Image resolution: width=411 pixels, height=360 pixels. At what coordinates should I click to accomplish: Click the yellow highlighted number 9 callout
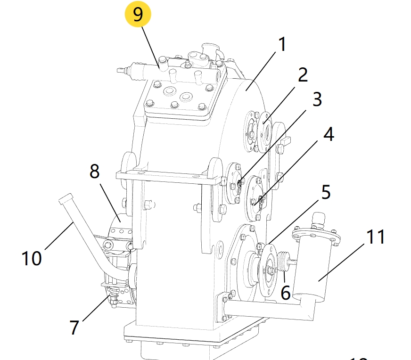point(137,15)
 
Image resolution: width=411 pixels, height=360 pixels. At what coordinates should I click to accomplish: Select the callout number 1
point(281,45)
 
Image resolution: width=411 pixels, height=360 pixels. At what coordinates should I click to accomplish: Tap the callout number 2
point(302,75)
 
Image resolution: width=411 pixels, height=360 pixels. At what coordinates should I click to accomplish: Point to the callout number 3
point(317,99)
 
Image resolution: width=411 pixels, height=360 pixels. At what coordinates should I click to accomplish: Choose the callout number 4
point(329,134)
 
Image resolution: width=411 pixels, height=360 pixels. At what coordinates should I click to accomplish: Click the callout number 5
point(326,192)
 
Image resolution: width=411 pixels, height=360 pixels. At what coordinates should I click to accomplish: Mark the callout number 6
point(285,292)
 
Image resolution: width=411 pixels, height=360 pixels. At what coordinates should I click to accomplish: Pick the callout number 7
point(74,327)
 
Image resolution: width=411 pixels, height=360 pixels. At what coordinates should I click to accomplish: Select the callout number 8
point(95,172)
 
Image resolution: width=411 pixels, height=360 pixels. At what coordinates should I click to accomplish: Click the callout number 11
point(376,237)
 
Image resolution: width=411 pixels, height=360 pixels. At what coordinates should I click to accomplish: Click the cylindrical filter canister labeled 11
point(314,266)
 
